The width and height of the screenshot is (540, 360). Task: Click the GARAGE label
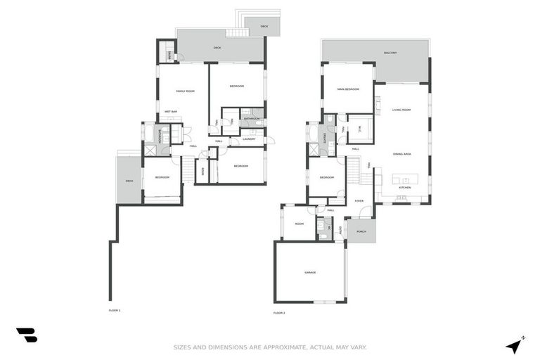[x=310, y=272]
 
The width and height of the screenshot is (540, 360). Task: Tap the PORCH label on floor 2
[x=361, y=231]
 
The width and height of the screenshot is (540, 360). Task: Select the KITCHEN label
[x=404, y=188]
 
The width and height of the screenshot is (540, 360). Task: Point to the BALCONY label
[x=390, y=53]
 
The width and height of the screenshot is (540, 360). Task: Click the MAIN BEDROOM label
[x=348, y=89]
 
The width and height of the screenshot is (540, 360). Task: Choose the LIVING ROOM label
[x=401, y=110]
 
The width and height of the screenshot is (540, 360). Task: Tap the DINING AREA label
[x=402, y=153]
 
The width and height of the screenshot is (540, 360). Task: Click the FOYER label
[x=359, y=200]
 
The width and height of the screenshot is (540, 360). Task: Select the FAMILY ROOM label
[x=185, y=91]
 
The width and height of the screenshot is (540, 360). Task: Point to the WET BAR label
[x=171, y=111]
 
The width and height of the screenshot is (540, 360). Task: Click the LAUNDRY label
[x=248, y=139]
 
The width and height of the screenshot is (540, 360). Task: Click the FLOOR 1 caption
[x=115, y=310]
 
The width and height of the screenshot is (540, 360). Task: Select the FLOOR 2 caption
[x=279, y=312]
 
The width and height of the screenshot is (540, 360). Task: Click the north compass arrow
[x=515, y=345]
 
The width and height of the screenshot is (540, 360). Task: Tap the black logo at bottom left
[x=27, y=335]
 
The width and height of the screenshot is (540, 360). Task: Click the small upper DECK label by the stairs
[x=264, y=27]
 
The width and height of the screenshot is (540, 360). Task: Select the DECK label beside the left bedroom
[x=129, y=181]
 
